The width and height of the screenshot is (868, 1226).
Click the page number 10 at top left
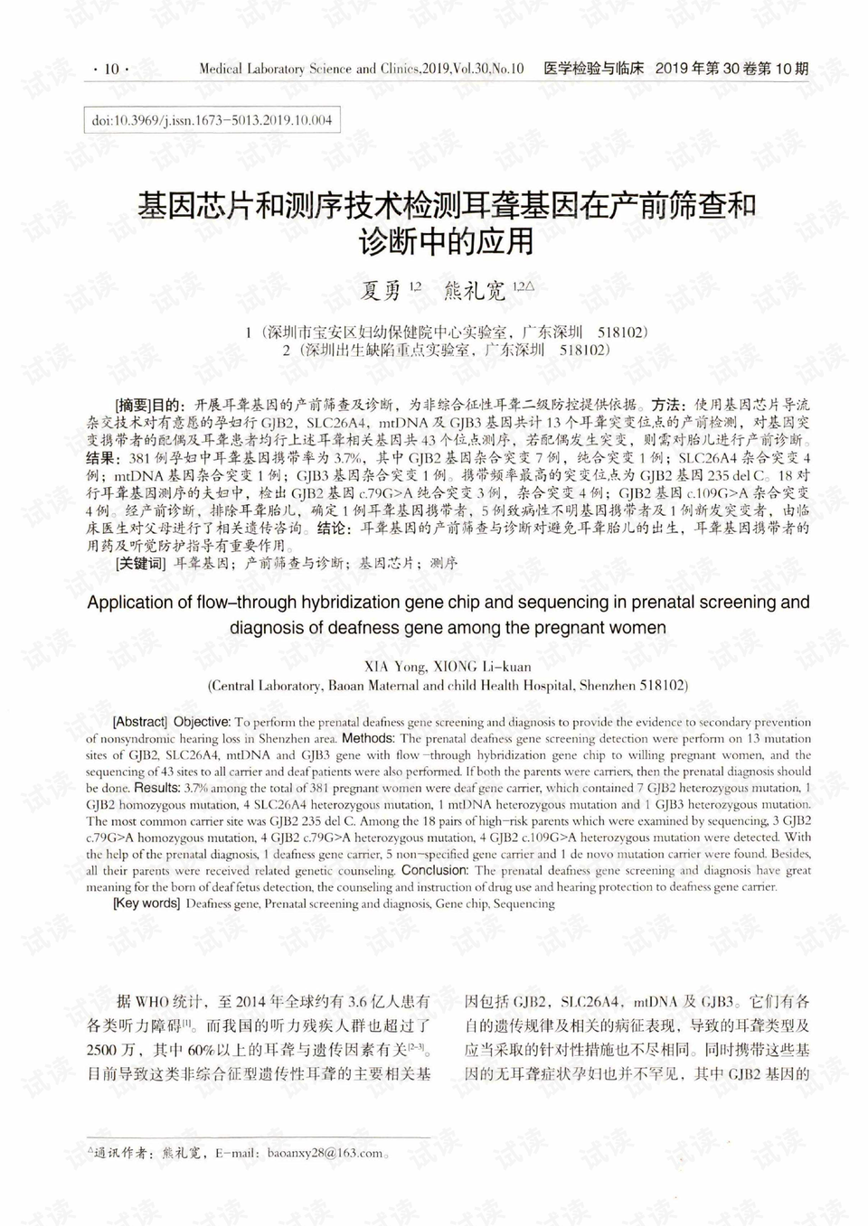(x=111, y=70)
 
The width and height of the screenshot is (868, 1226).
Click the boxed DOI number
(x=212, y=120)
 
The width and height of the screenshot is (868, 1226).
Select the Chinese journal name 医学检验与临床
(x=593, y=69)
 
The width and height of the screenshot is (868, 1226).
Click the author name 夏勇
(x=381, y=290)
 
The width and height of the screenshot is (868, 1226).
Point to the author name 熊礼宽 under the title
(x=474, y=290)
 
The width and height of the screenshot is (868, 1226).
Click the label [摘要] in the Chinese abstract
(x=133, y=404)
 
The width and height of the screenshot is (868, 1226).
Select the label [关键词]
(x=140, y=563)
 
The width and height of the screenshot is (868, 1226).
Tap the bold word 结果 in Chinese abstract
(x=105, y=458)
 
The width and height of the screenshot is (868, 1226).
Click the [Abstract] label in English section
(x=140, y=722)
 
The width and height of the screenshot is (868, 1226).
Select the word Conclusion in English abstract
(x=434, y=870)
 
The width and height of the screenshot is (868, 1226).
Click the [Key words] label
(x=146, y=903)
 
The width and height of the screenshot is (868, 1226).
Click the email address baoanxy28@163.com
(x=325, y=1153)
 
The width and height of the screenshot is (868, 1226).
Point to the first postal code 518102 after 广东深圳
(x=622, y=332)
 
